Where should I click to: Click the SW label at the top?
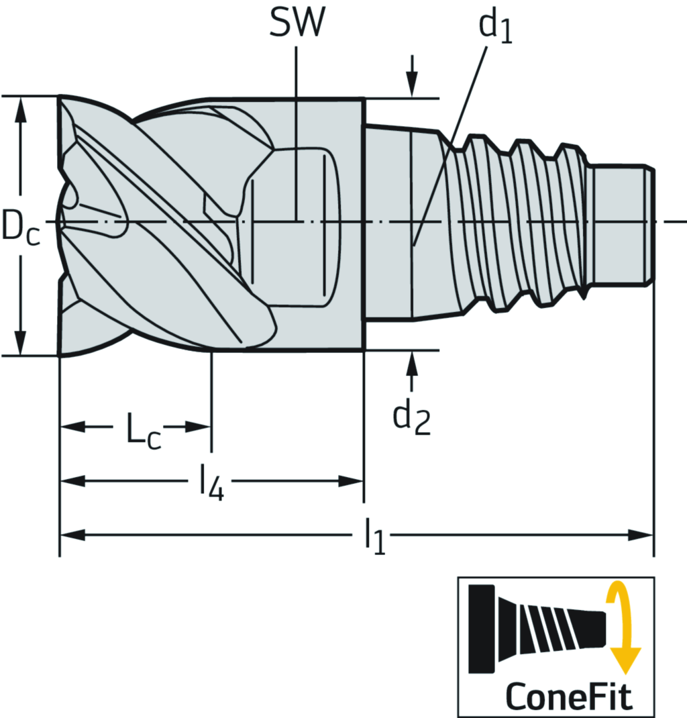(x=296, y=24)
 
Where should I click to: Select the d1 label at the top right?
(x=495, y=28)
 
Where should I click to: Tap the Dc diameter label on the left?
(x=20, y=225)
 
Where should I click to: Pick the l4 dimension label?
(x=209, y=483)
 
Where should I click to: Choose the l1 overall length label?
(x=375, y=537)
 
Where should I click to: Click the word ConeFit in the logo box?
(x=569, y=696)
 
